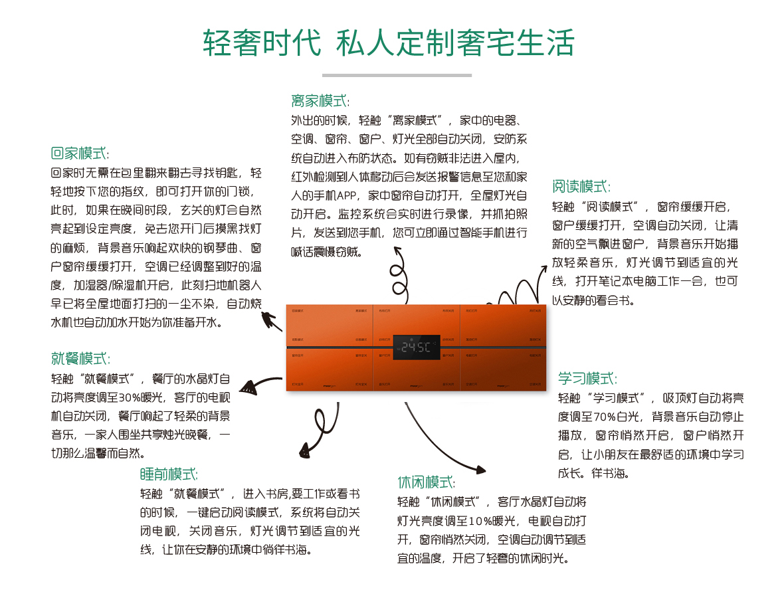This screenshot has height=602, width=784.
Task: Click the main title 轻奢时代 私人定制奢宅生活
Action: pos(389,43)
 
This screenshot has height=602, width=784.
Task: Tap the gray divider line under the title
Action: pos(397,75)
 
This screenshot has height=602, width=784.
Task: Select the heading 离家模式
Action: pos(320,101)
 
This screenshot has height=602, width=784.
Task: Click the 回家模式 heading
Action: pos(80,153)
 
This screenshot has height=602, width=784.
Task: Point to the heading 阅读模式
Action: pos(581,186)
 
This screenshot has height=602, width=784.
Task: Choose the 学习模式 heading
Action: pos(587,379)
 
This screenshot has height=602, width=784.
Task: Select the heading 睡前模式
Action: pos(169,474)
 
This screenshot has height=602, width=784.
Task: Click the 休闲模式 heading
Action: pos(427,482)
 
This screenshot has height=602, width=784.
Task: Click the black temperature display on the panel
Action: pos(416,347)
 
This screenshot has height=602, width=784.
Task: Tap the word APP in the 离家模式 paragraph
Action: pos(346,196)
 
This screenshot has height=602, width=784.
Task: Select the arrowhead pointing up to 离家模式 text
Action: pos(398,251)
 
